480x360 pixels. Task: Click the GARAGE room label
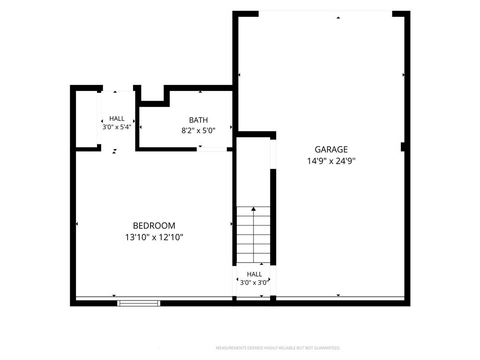(x=331, y=150)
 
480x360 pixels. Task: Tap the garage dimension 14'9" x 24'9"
(x=331, y=161)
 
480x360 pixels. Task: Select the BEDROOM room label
(x=154, y=225)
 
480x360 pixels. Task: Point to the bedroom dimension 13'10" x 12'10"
(x=154, y=237)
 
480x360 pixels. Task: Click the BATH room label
(x=198, y=120)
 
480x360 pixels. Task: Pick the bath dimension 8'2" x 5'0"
(x=198, y=131)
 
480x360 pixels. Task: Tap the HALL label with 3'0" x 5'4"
(x=117, y=119)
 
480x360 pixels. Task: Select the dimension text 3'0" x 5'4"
(x=117, y=127)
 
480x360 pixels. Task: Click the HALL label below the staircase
(x=255, y=274)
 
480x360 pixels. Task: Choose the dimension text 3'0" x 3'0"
(x=255, y=283)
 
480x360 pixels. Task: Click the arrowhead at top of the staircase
(x=254, y=209)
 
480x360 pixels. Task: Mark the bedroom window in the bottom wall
(x=139, y=303)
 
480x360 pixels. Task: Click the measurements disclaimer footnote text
(x=278, y=348)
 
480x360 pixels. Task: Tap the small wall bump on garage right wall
(x=403, y=147)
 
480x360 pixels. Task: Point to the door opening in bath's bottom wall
(x=212, y=150)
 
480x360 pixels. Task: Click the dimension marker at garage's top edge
(x=338, y=18)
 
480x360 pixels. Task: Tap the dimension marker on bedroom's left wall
(x=77, y=224)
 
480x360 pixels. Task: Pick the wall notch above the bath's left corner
(x=152, y=96)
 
